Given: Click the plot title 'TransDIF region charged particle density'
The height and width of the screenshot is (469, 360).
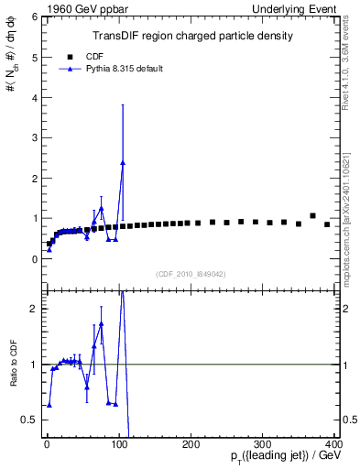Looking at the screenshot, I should point(192,37).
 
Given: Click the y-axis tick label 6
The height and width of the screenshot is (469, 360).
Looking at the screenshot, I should point(34,17).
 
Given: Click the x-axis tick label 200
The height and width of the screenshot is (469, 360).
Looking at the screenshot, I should point(191,444).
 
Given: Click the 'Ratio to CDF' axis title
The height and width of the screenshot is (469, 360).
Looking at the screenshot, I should point(14,376).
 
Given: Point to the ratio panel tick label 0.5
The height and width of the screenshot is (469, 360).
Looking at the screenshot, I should point(30,420).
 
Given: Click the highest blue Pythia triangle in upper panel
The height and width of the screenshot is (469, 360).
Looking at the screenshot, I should point(123,163).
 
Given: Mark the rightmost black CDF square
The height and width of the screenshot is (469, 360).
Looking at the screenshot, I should point(327,224).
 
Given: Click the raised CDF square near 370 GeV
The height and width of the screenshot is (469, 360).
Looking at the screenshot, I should point(312,216).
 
